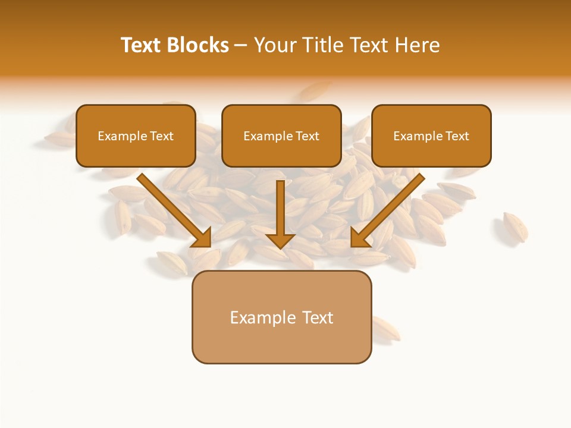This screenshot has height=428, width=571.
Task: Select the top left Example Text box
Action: [136, 136]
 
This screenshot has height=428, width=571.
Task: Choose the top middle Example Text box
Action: [281, 136]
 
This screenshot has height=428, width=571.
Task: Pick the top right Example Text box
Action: [431, 136]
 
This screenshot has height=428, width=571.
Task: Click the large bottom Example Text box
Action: [281, 317]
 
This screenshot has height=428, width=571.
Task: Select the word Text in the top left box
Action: [161, 136]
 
